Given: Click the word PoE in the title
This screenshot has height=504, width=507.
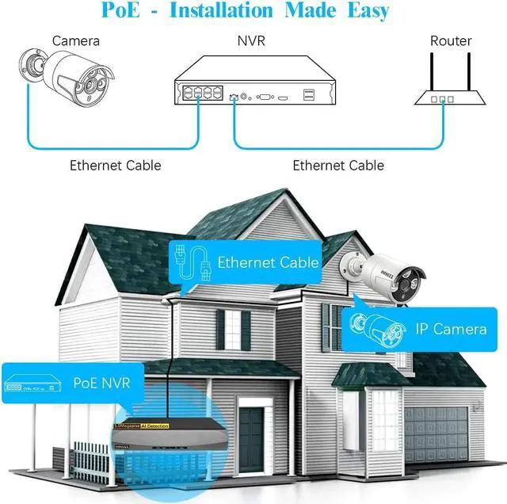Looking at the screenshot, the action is coord(122,12).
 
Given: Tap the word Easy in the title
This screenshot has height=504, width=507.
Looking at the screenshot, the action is coord(360,12).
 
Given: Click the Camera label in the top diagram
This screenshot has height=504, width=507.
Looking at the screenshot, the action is coord(76,41).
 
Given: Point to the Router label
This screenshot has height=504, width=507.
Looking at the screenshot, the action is coord(451,41).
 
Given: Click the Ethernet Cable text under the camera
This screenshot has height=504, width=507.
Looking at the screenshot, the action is coord(115,166).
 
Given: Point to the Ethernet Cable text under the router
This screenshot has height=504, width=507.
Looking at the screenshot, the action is coord(338,166).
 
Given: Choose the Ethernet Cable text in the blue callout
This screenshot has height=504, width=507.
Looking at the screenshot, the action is coord(268,262).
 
